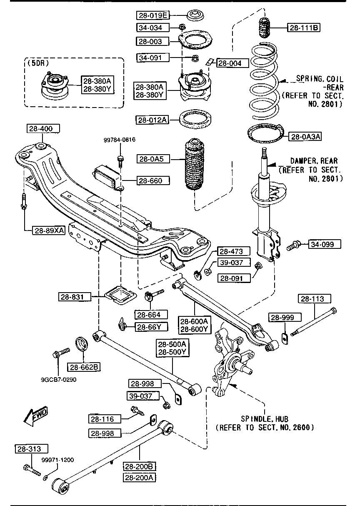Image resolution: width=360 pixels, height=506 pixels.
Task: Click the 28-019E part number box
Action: click(x=153, y=15)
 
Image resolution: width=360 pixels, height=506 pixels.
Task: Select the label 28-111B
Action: click(x=303, y=28)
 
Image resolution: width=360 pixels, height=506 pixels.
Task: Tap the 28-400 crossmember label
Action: click(x=43, y=128)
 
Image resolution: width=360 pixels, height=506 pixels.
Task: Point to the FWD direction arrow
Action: click(x=36, y=416)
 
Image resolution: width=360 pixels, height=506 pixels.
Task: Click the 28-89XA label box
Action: click(x=49, y=230)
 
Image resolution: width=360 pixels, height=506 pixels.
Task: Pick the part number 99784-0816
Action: click(x=120, y=140)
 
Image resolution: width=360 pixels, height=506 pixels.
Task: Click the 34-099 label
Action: click(x=325, y=244)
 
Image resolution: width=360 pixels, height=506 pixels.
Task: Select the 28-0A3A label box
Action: click(x=305, y=137)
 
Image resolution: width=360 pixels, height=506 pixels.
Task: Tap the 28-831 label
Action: click(x=75, y=297)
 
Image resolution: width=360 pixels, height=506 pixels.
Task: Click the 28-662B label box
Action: click(x=84, y=367)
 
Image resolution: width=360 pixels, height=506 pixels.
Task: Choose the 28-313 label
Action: click(x=32, y=448)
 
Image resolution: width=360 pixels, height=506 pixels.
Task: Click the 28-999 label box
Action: click(x=285, y=317)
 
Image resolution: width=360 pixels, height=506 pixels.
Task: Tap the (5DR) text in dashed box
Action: click(x=38, y=63)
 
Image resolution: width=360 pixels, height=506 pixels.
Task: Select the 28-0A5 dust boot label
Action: click(x=153, y=159)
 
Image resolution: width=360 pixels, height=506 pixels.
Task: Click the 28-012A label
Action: click(x=152, y=120)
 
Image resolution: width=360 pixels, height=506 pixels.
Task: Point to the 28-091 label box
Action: click(x=234, y=278)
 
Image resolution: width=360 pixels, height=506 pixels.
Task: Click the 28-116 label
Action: click(x=105, y=419)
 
